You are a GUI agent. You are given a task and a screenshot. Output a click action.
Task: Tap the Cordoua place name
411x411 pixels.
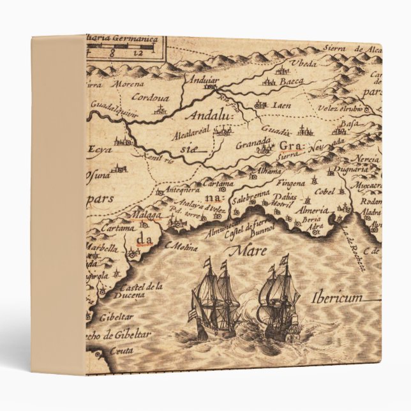[150, 98]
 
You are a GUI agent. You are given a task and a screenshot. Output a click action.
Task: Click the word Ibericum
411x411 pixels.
[338, 298]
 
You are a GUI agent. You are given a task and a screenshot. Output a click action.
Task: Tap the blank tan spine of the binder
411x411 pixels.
[58, 204]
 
